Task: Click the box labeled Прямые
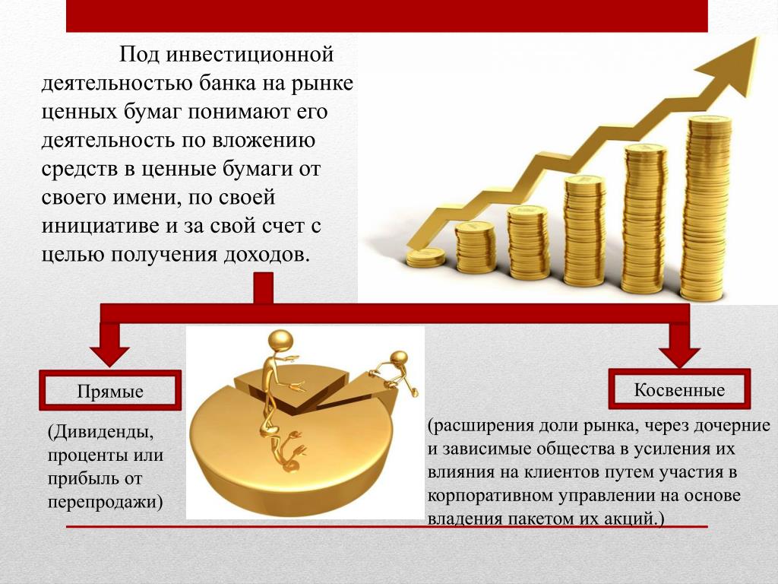pos(110,390)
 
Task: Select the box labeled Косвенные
pos(679,389)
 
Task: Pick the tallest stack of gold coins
pos(706,208)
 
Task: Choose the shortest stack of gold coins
pos(425,258)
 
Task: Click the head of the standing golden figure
pos(280,342)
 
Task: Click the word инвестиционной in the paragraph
pos(249,54)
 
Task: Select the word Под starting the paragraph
pos(140,54)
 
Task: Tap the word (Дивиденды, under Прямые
pos(101,433)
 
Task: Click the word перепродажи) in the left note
pos(105,502)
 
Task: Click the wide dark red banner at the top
pos(387,16)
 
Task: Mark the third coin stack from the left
pos(527,243)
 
